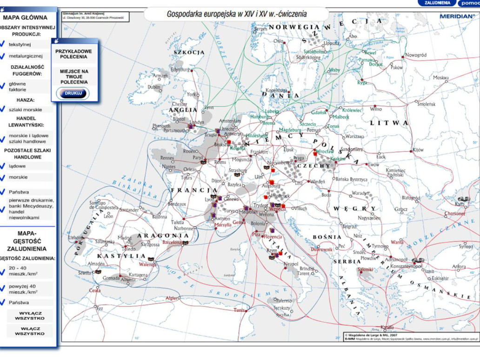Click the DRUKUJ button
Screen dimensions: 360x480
[73, 93]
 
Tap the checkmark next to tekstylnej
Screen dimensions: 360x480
[3, 44]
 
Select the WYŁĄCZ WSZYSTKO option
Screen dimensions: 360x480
[30, 316]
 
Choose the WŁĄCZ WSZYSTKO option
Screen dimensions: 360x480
[30, 331]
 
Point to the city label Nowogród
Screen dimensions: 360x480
[416, 55]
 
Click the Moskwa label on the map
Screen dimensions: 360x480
[440, 78]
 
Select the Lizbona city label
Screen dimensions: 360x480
[75, 237]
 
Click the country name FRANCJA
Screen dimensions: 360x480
[194, 190]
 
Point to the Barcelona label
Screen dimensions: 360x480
[172, 243]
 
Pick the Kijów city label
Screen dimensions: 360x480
[418, 150]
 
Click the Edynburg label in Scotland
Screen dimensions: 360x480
[180, 69]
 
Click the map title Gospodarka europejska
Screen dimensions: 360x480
[237, 14]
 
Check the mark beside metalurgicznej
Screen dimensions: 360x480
[3, 56]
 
